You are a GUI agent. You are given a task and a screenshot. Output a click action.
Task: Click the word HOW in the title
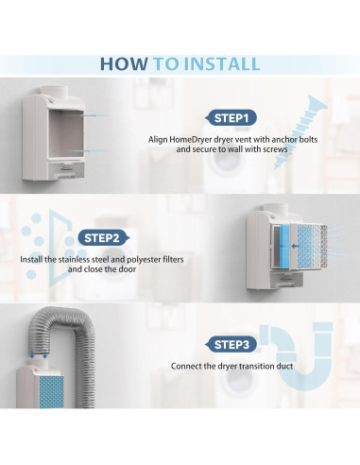(124, 63)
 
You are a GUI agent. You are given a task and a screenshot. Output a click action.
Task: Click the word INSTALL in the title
(222, 63)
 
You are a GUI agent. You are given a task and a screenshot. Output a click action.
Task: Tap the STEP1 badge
(231, 118)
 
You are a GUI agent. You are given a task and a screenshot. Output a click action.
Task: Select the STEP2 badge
(103, 238)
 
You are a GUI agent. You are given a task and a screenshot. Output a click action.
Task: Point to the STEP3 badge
(231, 345)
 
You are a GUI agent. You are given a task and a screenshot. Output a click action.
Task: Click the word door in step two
(128, 269)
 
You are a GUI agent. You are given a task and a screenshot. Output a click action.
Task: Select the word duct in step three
(284, 366)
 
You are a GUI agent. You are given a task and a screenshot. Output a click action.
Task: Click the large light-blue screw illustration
(299, 133)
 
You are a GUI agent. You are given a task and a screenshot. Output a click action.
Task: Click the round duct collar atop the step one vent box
(55, 93)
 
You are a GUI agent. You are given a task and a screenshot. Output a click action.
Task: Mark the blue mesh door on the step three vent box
(51, 391)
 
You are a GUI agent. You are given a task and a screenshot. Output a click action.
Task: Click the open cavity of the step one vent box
(66, 133)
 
